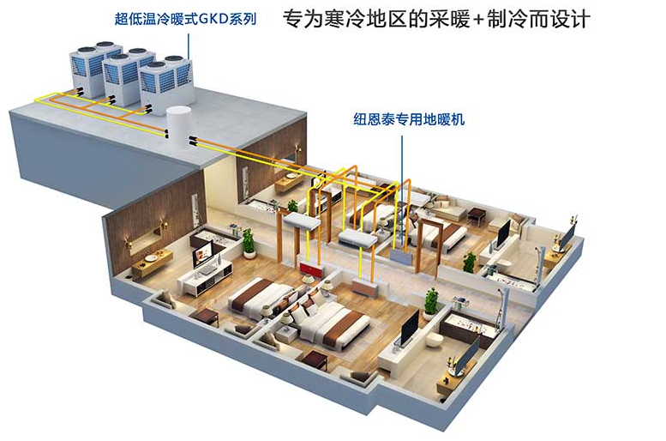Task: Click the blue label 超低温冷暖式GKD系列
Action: (185, 19)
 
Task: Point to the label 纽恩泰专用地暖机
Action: (409, 119)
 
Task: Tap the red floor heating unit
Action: (311, 269)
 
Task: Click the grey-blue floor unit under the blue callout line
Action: (401, 257)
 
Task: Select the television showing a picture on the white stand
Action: (202, 253)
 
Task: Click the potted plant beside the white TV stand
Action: (249, 244)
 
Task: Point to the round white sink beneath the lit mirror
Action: (151, 258)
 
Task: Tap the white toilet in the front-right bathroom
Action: (435, 339)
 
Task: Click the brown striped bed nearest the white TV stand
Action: (261, 299)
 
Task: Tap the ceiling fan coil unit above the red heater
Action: (301, 221)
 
